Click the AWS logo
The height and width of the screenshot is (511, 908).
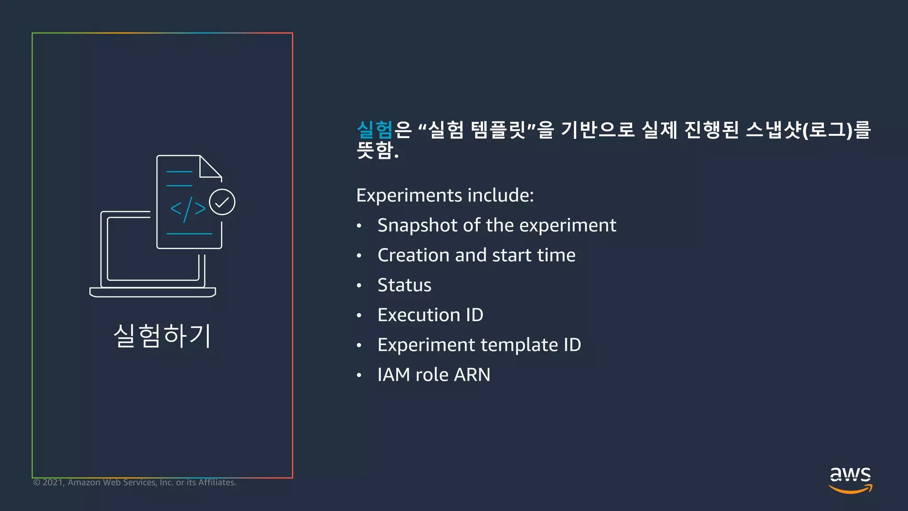(x=850, y=480)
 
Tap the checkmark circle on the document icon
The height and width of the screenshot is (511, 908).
(x=222, y=202)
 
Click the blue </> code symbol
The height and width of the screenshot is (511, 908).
(x=188, y=208)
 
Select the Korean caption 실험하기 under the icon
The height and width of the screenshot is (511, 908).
(x=162, y=336)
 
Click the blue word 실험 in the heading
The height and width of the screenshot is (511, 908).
(x=375, y=130)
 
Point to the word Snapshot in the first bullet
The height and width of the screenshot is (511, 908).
(x=417, y=225)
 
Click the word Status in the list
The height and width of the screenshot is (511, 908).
(x=404, y=285)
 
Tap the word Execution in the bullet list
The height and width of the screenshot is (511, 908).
(x=419, y=315)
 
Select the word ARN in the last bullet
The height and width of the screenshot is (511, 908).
(x=472, y=375)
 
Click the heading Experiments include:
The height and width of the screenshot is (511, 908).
(x=445, y=195)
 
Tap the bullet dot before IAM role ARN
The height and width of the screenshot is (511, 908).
(x=359, y=375)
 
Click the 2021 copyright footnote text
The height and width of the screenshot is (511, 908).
(x=135, y=483)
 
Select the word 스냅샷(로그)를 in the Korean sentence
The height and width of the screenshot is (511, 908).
(x=808, y=130)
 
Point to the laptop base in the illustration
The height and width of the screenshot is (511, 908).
(x=153, y=292)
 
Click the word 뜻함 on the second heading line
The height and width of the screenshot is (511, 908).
(x=375, y=150)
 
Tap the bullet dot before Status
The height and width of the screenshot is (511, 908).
(x=359, y=286)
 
